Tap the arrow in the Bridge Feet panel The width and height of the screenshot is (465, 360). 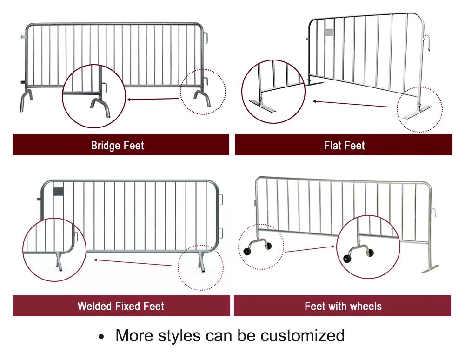coord(153,99)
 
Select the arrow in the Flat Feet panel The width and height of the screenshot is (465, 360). coord(351,104)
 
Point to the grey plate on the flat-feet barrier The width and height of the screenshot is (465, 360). coord(329,32)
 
